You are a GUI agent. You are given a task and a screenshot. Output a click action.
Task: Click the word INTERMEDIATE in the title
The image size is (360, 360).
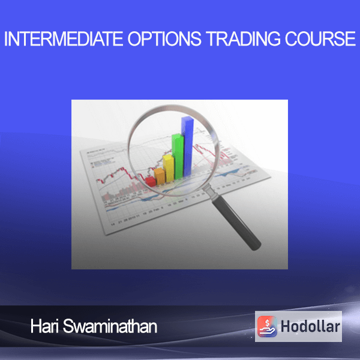[x=64, y=38]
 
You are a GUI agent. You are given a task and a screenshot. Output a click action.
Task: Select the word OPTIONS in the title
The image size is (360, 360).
[x=164, y=38]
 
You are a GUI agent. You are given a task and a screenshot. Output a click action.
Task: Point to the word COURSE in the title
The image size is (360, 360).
[x=320, y=38]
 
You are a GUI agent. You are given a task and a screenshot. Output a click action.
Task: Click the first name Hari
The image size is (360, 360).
[x=44, y=326]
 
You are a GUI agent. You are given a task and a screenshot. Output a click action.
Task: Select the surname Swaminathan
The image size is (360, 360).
[x=110, y=326]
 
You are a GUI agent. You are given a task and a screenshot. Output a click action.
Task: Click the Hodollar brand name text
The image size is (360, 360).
[x=310, y=326]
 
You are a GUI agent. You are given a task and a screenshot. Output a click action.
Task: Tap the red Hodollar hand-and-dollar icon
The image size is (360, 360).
[x=267, y=326]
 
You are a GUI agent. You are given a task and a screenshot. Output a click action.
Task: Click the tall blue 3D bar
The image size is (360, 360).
[x=188, y=146]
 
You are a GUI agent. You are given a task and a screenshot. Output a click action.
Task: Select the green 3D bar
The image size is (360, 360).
[x=178, y=156]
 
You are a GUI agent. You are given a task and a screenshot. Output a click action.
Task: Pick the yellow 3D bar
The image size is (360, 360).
[x=169, y=168]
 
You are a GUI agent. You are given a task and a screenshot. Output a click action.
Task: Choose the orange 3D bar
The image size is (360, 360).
[x=160, y=176]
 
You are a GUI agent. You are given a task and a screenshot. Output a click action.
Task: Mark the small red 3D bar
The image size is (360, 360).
[x=151, y=181]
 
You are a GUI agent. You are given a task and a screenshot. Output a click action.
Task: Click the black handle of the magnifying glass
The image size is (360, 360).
[x=236, y=222]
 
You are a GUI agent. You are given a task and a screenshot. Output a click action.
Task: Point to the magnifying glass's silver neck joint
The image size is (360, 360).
[x=211, y=192]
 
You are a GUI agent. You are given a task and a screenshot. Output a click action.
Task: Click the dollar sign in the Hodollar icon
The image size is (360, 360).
[x=267, y=323]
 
